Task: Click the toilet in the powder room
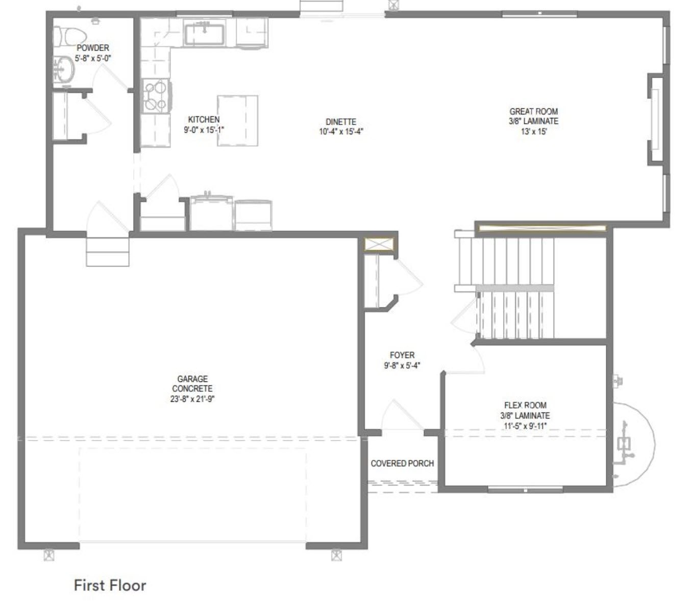[69, 35]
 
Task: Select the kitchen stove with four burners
[156, 96]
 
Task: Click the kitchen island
[237, 120]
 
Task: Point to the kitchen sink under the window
[204, 33]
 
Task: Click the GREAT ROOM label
[533, 111]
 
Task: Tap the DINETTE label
[341, 122]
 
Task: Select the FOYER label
[402, 355]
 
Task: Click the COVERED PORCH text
[402, 464]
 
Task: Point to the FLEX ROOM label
[525, 405]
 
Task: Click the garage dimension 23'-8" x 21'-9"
[192, 399]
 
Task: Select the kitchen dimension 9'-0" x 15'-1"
[204, 130]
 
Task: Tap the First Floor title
[110, 586]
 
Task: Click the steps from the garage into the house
[108, 252]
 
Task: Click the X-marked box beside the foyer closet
[379, 245]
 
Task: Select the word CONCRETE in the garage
[192, 389]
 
